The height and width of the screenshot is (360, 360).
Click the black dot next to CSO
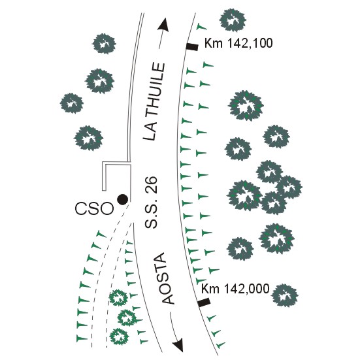point(122,199)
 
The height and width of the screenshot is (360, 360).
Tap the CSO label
point(94,208)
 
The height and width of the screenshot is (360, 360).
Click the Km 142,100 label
point(238,43)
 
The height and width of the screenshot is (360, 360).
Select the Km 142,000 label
point(235,289)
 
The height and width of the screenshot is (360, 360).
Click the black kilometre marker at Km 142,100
point(192,46)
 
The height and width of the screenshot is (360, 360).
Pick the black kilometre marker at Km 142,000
point(204,302)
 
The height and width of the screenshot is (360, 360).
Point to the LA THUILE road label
point(154,101)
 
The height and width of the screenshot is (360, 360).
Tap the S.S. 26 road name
point(152,202)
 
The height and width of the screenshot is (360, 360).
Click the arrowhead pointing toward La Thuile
point(164,25)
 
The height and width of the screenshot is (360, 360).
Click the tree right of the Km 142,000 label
point(284,295)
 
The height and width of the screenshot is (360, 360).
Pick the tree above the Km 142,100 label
point(233,20)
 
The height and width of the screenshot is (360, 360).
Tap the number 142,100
point(250,43)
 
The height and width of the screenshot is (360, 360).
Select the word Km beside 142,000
point(210,289)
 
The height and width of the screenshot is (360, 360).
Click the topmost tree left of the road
point(105,44)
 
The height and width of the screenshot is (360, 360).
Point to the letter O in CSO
point(106,208)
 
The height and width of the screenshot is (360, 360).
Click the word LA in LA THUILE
point(150,131)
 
